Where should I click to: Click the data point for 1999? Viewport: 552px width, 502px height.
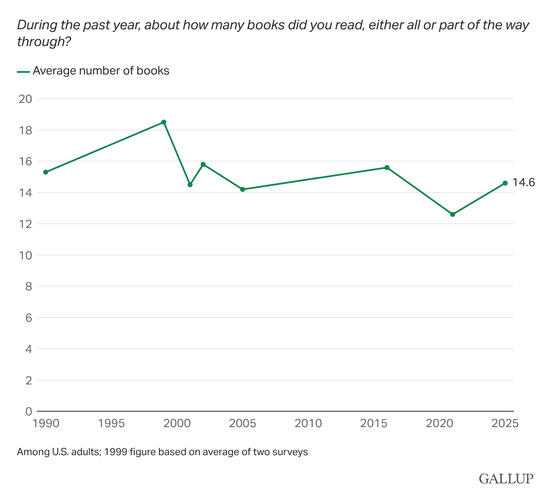click(x=164, y=122)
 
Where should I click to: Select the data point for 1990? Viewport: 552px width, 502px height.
click(x=46, y=172)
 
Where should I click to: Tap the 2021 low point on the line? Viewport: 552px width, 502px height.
click(x=452, y=214)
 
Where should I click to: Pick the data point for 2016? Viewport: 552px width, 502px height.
click(x=387, y=167)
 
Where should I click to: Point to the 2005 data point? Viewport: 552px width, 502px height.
click(x=243, y=189)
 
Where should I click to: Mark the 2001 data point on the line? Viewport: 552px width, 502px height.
click(x=190, y=184)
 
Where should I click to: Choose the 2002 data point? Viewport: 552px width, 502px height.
click(x=203, y=164)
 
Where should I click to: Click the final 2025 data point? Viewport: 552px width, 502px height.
click(x=505, y=183)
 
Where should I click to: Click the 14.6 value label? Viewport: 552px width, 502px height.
click(x=524, y=182)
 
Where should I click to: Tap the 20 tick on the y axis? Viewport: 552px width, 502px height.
click(x=26, y=99)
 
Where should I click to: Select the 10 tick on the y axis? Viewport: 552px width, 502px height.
click(x=26, y=255)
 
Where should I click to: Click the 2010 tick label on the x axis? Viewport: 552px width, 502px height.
click(x=308, y=423)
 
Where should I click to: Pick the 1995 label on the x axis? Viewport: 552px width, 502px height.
click(x=111, y=423)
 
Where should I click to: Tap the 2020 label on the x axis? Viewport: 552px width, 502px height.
click(x=440, y=423)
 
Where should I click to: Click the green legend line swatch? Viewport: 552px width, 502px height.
click(x=23, y=72)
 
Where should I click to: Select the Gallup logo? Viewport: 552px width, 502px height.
click(x=507, y=478)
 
